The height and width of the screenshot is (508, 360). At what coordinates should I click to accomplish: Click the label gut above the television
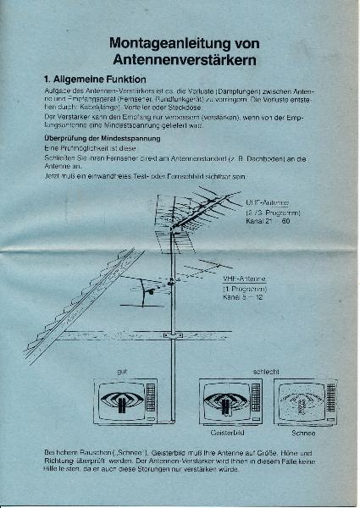click(x=123, y=372)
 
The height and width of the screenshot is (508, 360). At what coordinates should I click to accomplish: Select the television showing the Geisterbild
click(x=230, y=400)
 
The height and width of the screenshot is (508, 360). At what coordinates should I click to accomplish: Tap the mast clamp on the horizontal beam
click(x=173, y=336)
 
